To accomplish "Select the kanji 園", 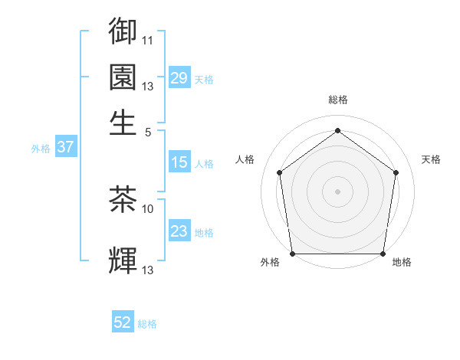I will pos(123,77).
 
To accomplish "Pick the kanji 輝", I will pos(123,260).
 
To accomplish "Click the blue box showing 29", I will pos(179,78).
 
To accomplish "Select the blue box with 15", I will pos(179,162).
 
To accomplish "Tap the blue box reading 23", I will pos(179,231).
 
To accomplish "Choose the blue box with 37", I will pos(65,148).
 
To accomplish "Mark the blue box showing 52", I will pos(123,322).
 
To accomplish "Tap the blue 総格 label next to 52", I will pos(147,324).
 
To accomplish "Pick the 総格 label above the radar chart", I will pos(337,100).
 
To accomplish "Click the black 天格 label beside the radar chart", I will pos(431,159).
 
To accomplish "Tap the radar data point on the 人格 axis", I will pos(280,172).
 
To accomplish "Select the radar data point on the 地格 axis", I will pos(383,254).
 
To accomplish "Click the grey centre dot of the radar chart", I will pos(337,191).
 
